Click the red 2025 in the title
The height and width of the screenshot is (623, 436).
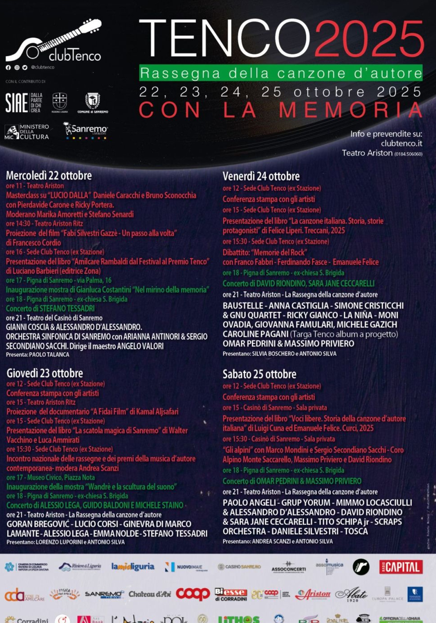(369, 39)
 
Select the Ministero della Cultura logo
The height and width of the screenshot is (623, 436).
(27, 132)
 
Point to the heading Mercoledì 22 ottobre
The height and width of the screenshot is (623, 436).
(49, 176)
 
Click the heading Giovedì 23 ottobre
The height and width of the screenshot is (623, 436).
(45, 373)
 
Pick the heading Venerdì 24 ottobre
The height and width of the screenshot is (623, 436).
(261, 176)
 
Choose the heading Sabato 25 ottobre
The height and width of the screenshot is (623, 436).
(259, 374)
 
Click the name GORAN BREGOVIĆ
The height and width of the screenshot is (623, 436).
(38, 524)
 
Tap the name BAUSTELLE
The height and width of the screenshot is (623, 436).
(243, 306)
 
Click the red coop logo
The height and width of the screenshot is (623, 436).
(193, 594)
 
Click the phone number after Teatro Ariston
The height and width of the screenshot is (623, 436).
(408, 154)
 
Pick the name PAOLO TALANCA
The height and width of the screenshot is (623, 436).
(49, 354)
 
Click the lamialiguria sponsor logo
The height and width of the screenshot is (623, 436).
(133, 566)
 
